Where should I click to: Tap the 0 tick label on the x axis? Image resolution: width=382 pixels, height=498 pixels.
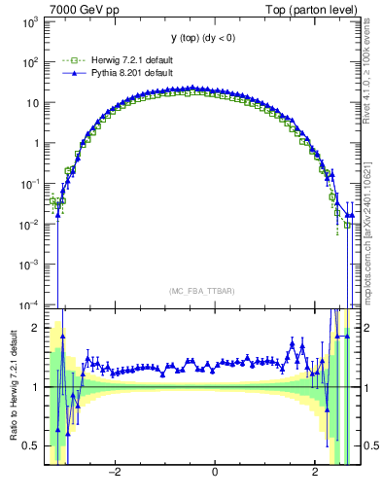pyautogui.click(x=214, y=473)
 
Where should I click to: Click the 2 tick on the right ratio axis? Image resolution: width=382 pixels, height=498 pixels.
pyautogui.click(x=367, y=328)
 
